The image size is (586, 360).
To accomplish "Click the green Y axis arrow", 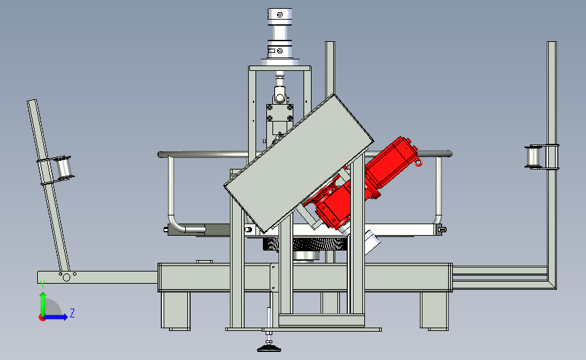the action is pos(43,304).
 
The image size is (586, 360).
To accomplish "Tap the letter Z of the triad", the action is pos(72,313).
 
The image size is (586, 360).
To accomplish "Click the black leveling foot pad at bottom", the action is pos(269,349).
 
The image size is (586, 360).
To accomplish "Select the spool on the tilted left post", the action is pos(63,168).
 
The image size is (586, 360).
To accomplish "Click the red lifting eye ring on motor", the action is pos(418,162).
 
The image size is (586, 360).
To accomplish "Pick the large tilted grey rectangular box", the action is pos(298,163).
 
